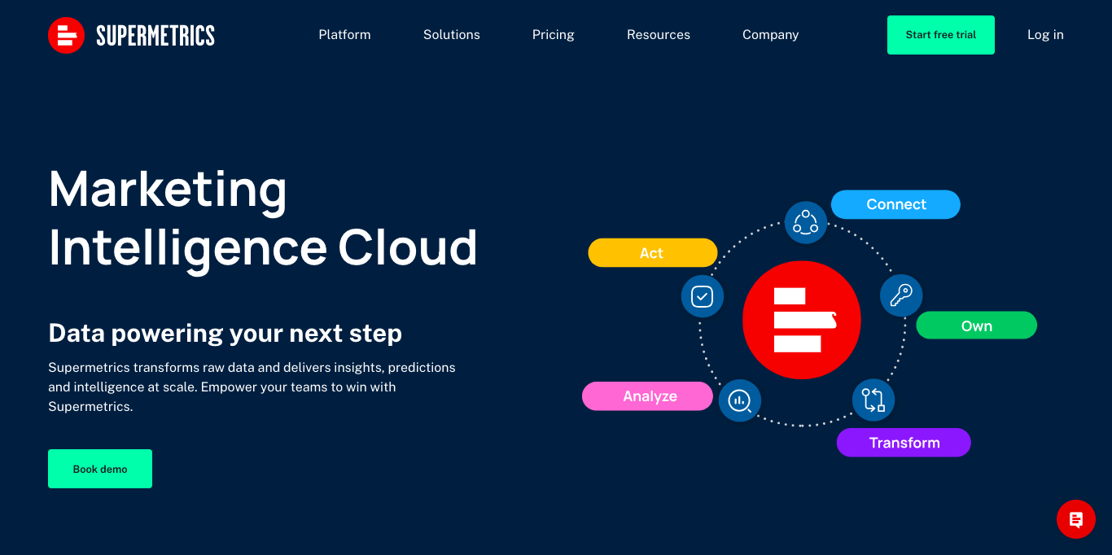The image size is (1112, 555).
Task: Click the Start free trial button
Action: (941, 35)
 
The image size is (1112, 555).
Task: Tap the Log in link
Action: (1045, 35)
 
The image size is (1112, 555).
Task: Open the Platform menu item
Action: (344, 35)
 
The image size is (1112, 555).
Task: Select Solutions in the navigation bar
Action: (451, 35)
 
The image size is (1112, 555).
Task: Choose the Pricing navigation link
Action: (553, 35)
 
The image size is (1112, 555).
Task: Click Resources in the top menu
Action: (659, 35)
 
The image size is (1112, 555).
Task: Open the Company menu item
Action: (770, 35)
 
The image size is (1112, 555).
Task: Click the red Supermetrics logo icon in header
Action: (66, 35)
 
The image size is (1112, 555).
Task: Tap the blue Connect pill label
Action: (895, 204)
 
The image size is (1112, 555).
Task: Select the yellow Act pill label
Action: (652, 252)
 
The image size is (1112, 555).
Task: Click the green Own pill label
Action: (977, 326)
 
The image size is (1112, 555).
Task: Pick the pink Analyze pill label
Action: (647, 396)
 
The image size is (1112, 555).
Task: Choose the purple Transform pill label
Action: (904, 443)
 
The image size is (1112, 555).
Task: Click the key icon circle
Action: (901, 296)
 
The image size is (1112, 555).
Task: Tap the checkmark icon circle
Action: (702, 296)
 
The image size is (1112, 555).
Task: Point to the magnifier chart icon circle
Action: (740, 400)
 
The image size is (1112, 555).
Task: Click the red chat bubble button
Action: (1075, 519)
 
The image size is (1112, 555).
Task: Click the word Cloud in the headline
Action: (407, 247)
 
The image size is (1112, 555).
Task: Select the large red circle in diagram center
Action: (801, 320)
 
